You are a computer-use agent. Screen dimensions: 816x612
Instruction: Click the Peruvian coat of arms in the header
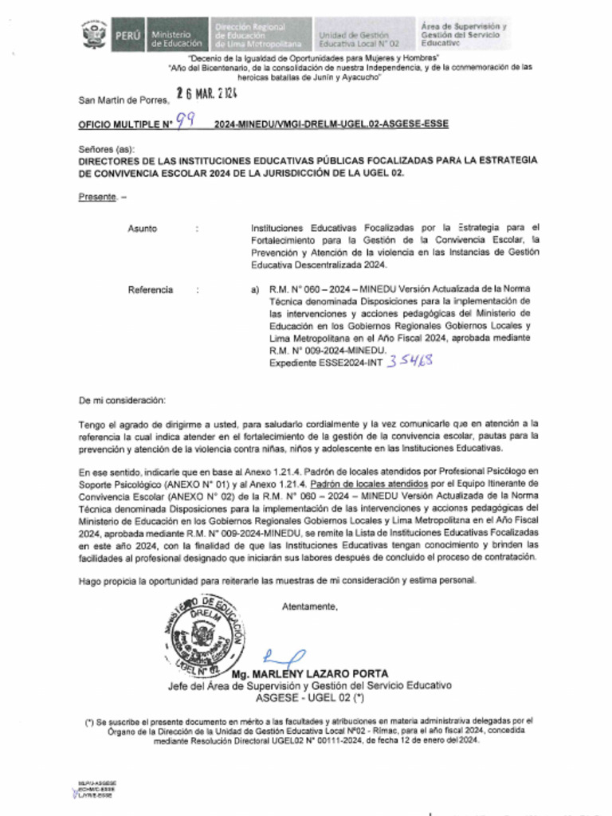tap(94, 36)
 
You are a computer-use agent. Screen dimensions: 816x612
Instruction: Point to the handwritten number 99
tap(185, 121)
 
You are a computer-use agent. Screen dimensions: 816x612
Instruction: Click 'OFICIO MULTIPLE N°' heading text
tap(125, 125)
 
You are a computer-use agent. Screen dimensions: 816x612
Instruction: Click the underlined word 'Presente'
tap(97, 197)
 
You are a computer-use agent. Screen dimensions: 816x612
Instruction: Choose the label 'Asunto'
tap(143, 229)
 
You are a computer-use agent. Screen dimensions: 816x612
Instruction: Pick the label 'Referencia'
tap(151, 290)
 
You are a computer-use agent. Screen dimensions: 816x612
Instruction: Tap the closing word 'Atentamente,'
tap(309, 607)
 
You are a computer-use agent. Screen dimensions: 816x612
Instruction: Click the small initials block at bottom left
tap(95, 790)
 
